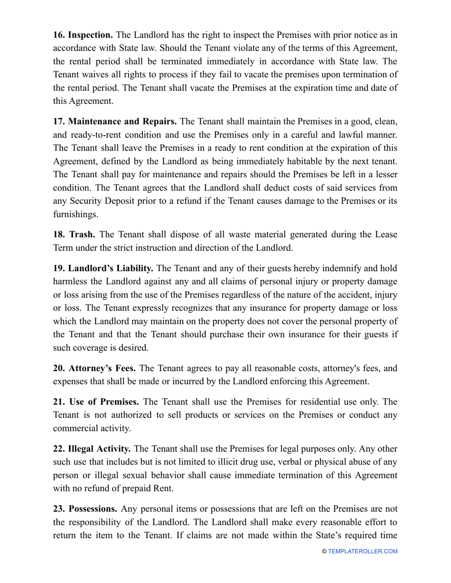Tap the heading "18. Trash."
[74, 235]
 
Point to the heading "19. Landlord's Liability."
[103, 269]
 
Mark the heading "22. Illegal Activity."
[92, 449]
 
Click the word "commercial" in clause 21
[75, 428]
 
